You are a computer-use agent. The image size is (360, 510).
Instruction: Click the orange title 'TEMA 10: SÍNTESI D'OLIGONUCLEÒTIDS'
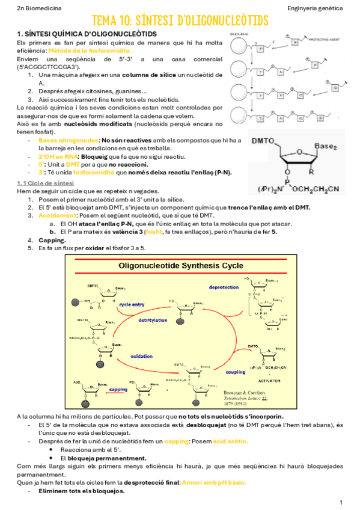[180, 22]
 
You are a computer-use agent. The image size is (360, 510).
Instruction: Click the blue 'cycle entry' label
[132, 304]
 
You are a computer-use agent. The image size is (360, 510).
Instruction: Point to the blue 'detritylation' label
[153, 320]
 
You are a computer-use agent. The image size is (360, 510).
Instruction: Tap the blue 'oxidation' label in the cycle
[142, 356]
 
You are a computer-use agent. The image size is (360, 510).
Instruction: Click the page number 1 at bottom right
[341, 502]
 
